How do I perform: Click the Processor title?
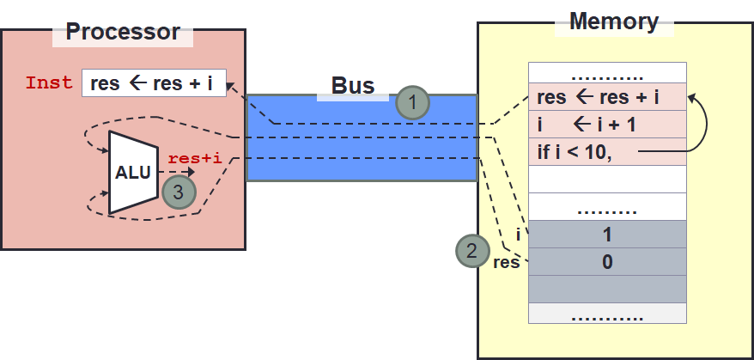pos(123,33)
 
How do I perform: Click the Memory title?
pos(613,21)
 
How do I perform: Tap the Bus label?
pos(353,86)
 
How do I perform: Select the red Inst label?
pos(49,83)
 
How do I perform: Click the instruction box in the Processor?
pos(154,83)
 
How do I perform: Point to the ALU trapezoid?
pos(132,172)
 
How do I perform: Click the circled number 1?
pos(412,103)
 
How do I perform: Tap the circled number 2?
pos(471,251)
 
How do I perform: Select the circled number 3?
pos(178,192)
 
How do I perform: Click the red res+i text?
pos(196,158)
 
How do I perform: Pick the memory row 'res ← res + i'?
pos(607,97)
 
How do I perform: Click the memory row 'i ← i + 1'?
pos(607,125)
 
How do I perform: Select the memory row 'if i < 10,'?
pos(607,152)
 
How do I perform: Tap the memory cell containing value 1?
pos(607,235)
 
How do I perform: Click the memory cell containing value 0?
pos(607,262)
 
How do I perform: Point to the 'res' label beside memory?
pos(507,262)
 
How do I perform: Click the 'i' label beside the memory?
pos(518,235)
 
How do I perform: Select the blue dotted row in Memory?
pos(607,209)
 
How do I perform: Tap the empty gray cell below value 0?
pos(607,289)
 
